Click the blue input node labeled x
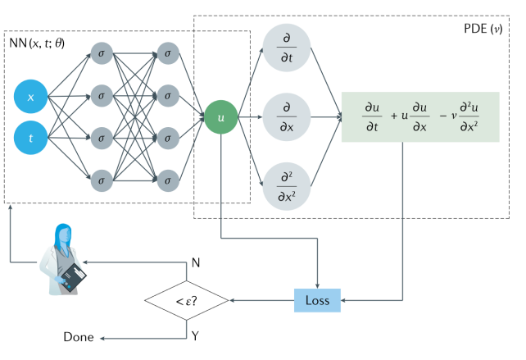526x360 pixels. pos(31,98)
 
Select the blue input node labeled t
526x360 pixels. pos(31,139)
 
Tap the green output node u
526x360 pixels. pos(220,118)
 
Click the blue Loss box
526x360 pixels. pos(317,300)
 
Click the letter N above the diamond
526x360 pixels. pos(195,262)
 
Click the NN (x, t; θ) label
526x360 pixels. pos(39,42)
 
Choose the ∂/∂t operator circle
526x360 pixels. pos(287,48)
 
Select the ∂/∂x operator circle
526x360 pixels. pos(287,117)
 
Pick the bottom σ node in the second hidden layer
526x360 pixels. pos(169,178)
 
